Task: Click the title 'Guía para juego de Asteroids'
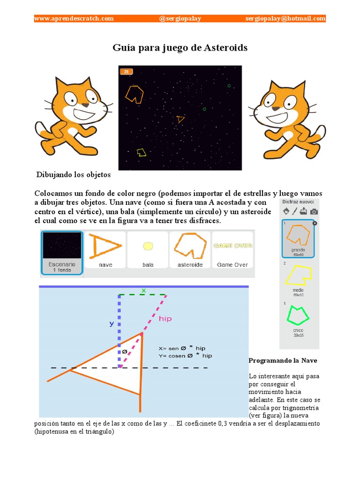[180, 48]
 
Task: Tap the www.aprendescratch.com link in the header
[74, 18]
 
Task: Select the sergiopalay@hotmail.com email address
[285, 18]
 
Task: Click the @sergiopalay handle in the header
[180, 18]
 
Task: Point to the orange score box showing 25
[127, 72]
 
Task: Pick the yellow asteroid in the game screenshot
[141, 152]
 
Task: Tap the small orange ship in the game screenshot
[180, 120]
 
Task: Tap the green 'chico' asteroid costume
[298, 316]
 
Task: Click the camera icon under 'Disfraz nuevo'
[314, 211]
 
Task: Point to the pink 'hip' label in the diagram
[165, 319]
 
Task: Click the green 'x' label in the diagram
[143, 291]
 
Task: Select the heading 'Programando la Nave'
[283, 360]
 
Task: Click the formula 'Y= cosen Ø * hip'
[185, 356]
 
